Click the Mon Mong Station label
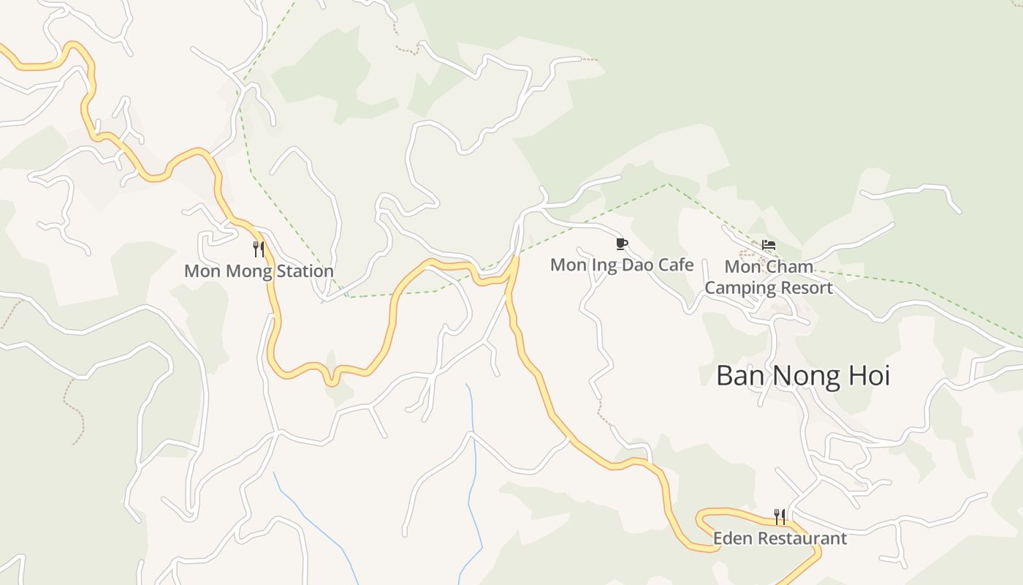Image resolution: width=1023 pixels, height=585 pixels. [259, 271]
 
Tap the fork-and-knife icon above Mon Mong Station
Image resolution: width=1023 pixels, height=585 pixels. [258, 249]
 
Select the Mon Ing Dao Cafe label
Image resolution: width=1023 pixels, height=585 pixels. [622, 265]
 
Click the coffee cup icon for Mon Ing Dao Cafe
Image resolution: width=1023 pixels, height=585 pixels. [622, 244]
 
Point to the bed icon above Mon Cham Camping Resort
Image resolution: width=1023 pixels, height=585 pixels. [769, 245]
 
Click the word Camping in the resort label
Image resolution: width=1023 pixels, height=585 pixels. [739, 287]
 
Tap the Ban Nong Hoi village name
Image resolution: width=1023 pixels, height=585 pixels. [803, 376]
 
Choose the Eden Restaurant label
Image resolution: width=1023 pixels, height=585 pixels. [780, 539]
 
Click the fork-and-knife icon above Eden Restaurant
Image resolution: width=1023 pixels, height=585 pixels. [780, 517]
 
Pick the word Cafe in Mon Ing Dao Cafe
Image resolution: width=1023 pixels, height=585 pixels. [676, 265]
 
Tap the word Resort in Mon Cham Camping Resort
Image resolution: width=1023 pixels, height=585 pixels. [807, 287]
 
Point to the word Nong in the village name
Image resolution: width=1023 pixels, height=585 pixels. [803, 376]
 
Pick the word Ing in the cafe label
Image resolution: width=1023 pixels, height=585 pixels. [604, 265]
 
